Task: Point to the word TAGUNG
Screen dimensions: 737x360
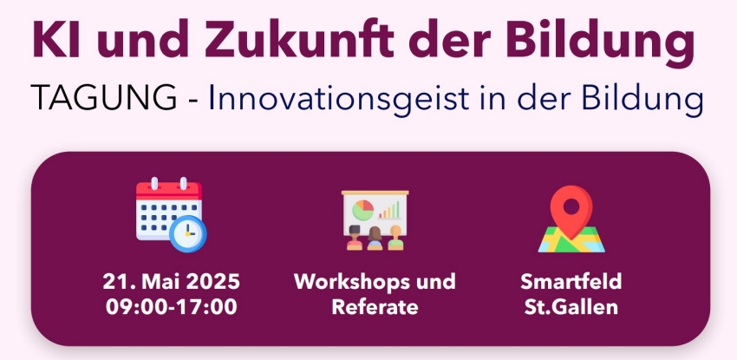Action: click(103, 98)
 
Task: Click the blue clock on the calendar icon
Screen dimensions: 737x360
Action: click(188, 233)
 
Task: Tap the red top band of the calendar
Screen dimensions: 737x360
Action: click(169, 190)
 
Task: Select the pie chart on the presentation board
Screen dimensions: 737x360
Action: click(362, 210)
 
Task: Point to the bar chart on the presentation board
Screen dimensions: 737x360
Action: click(389, 210)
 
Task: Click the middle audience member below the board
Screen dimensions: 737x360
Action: click(375, 239)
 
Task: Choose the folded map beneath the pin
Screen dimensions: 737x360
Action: click(571, 239)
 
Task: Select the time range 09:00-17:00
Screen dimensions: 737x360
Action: click(171, 307)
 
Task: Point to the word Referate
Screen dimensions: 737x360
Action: click(375, 307)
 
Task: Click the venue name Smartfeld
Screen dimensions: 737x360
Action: click(571, 282)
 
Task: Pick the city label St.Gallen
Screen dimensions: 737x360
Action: click(571, 307)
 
